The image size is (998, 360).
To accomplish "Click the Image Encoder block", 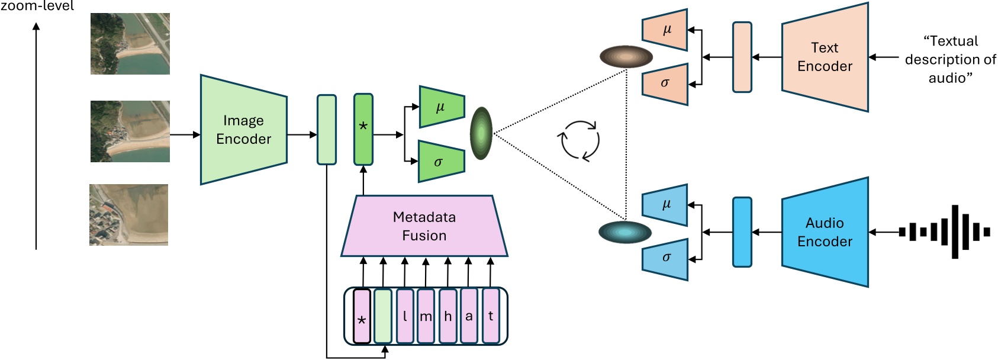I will [243, 130].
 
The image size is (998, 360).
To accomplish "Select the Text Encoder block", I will [825, 57].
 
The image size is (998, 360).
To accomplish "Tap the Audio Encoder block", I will [825, 232].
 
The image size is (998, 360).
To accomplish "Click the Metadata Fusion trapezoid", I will [424, 226].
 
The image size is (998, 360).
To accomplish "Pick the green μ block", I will [441, 107].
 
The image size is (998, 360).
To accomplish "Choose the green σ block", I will [440, 162].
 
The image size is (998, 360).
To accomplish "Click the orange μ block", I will [665, 30].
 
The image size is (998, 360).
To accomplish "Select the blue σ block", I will [665, 258].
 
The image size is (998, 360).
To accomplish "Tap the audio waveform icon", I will [944, 232].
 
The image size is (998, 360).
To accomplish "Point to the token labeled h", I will [448, 316].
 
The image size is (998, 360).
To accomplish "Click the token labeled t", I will [491, 316].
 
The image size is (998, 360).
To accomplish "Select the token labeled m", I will [426, 316].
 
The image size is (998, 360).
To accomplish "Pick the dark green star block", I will [363, 129].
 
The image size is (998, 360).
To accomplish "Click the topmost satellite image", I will [130, 44].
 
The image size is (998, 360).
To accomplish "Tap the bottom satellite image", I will [129, 214].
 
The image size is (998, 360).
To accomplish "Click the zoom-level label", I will [37, 6].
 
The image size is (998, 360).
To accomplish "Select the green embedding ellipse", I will [481, 133].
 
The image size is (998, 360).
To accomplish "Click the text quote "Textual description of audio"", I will [949, 59].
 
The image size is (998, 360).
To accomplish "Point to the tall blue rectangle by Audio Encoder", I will [742, 232].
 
